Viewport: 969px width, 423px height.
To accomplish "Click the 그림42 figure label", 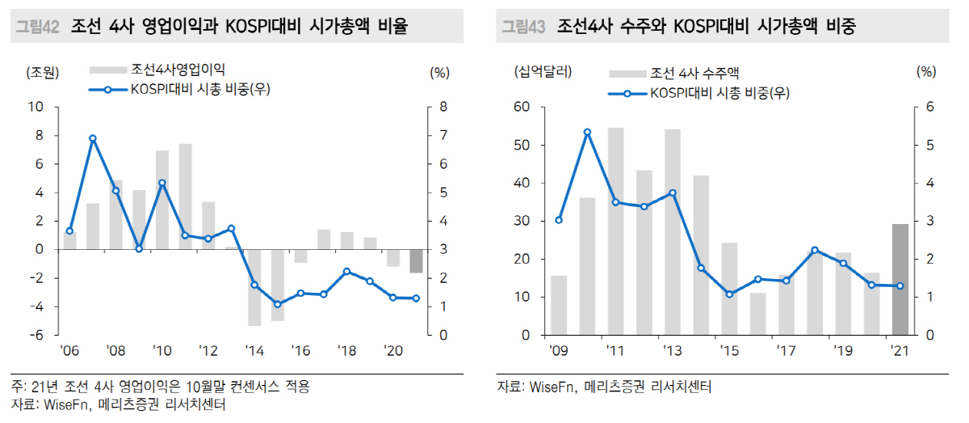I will click(37, 27).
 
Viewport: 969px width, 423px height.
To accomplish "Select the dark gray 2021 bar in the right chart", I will click(900, 279).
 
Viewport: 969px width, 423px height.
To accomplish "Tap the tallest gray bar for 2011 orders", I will click(615, 231).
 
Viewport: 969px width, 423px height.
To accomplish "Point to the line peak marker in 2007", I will click(93, 138).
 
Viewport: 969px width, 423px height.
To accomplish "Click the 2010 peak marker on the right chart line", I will click(587, 132).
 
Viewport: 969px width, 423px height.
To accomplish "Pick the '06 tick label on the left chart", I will click(69, 352).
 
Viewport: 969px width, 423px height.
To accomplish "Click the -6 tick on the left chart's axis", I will click(37, 335).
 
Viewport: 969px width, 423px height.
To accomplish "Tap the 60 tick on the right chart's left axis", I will click(521, 107).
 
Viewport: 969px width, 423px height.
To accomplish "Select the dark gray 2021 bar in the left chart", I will click(416, 261).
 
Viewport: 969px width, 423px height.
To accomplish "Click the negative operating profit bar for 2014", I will click(254, 287).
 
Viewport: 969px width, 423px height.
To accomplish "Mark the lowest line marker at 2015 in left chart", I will click(277, 304).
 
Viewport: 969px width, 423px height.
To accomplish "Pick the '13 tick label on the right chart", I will click(672, 352).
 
